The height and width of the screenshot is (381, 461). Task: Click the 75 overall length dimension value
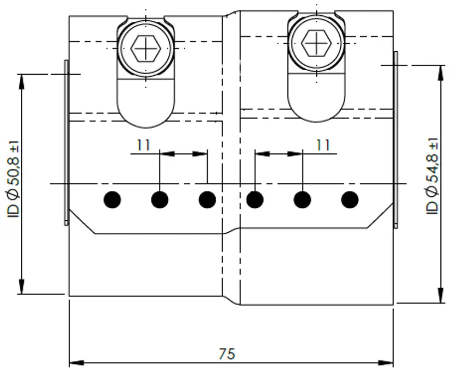coord(227,354)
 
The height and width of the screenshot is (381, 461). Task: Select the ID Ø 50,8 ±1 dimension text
coord(13,179)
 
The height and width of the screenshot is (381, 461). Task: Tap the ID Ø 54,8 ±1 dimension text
coord(432,176)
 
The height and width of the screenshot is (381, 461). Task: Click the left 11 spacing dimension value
coord(143,145)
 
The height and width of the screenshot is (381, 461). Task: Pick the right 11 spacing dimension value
coord(323,145)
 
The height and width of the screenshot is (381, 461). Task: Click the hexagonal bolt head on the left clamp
coord(146,48)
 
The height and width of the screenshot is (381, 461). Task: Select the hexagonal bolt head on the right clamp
coord(316,43)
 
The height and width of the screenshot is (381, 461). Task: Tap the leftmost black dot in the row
coord(112,200)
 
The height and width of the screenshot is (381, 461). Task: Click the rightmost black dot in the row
coord(350,200)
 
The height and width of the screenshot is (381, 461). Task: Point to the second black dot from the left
coord(160,200)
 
